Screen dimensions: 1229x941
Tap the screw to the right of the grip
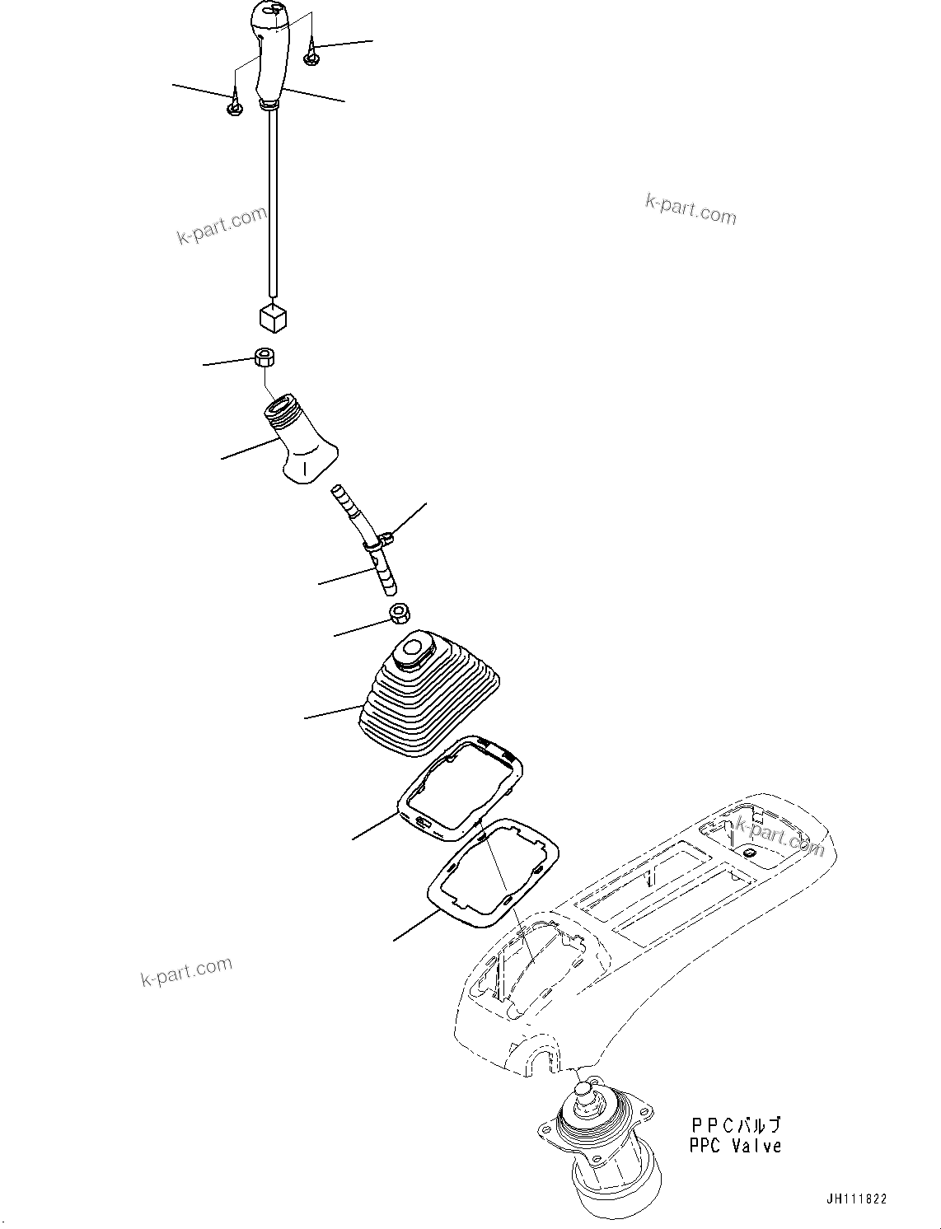point(311,58)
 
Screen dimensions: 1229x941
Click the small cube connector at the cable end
point(273,316)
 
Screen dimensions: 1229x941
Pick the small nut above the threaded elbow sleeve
point(265,357)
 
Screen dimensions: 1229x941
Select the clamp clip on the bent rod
point(385,541)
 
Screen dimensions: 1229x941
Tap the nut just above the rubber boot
point(399,614)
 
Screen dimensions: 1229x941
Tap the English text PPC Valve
point(735,1146)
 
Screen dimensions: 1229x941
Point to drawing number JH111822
point(857,1200)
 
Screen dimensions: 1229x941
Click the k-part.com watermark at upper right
point(691,209)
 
